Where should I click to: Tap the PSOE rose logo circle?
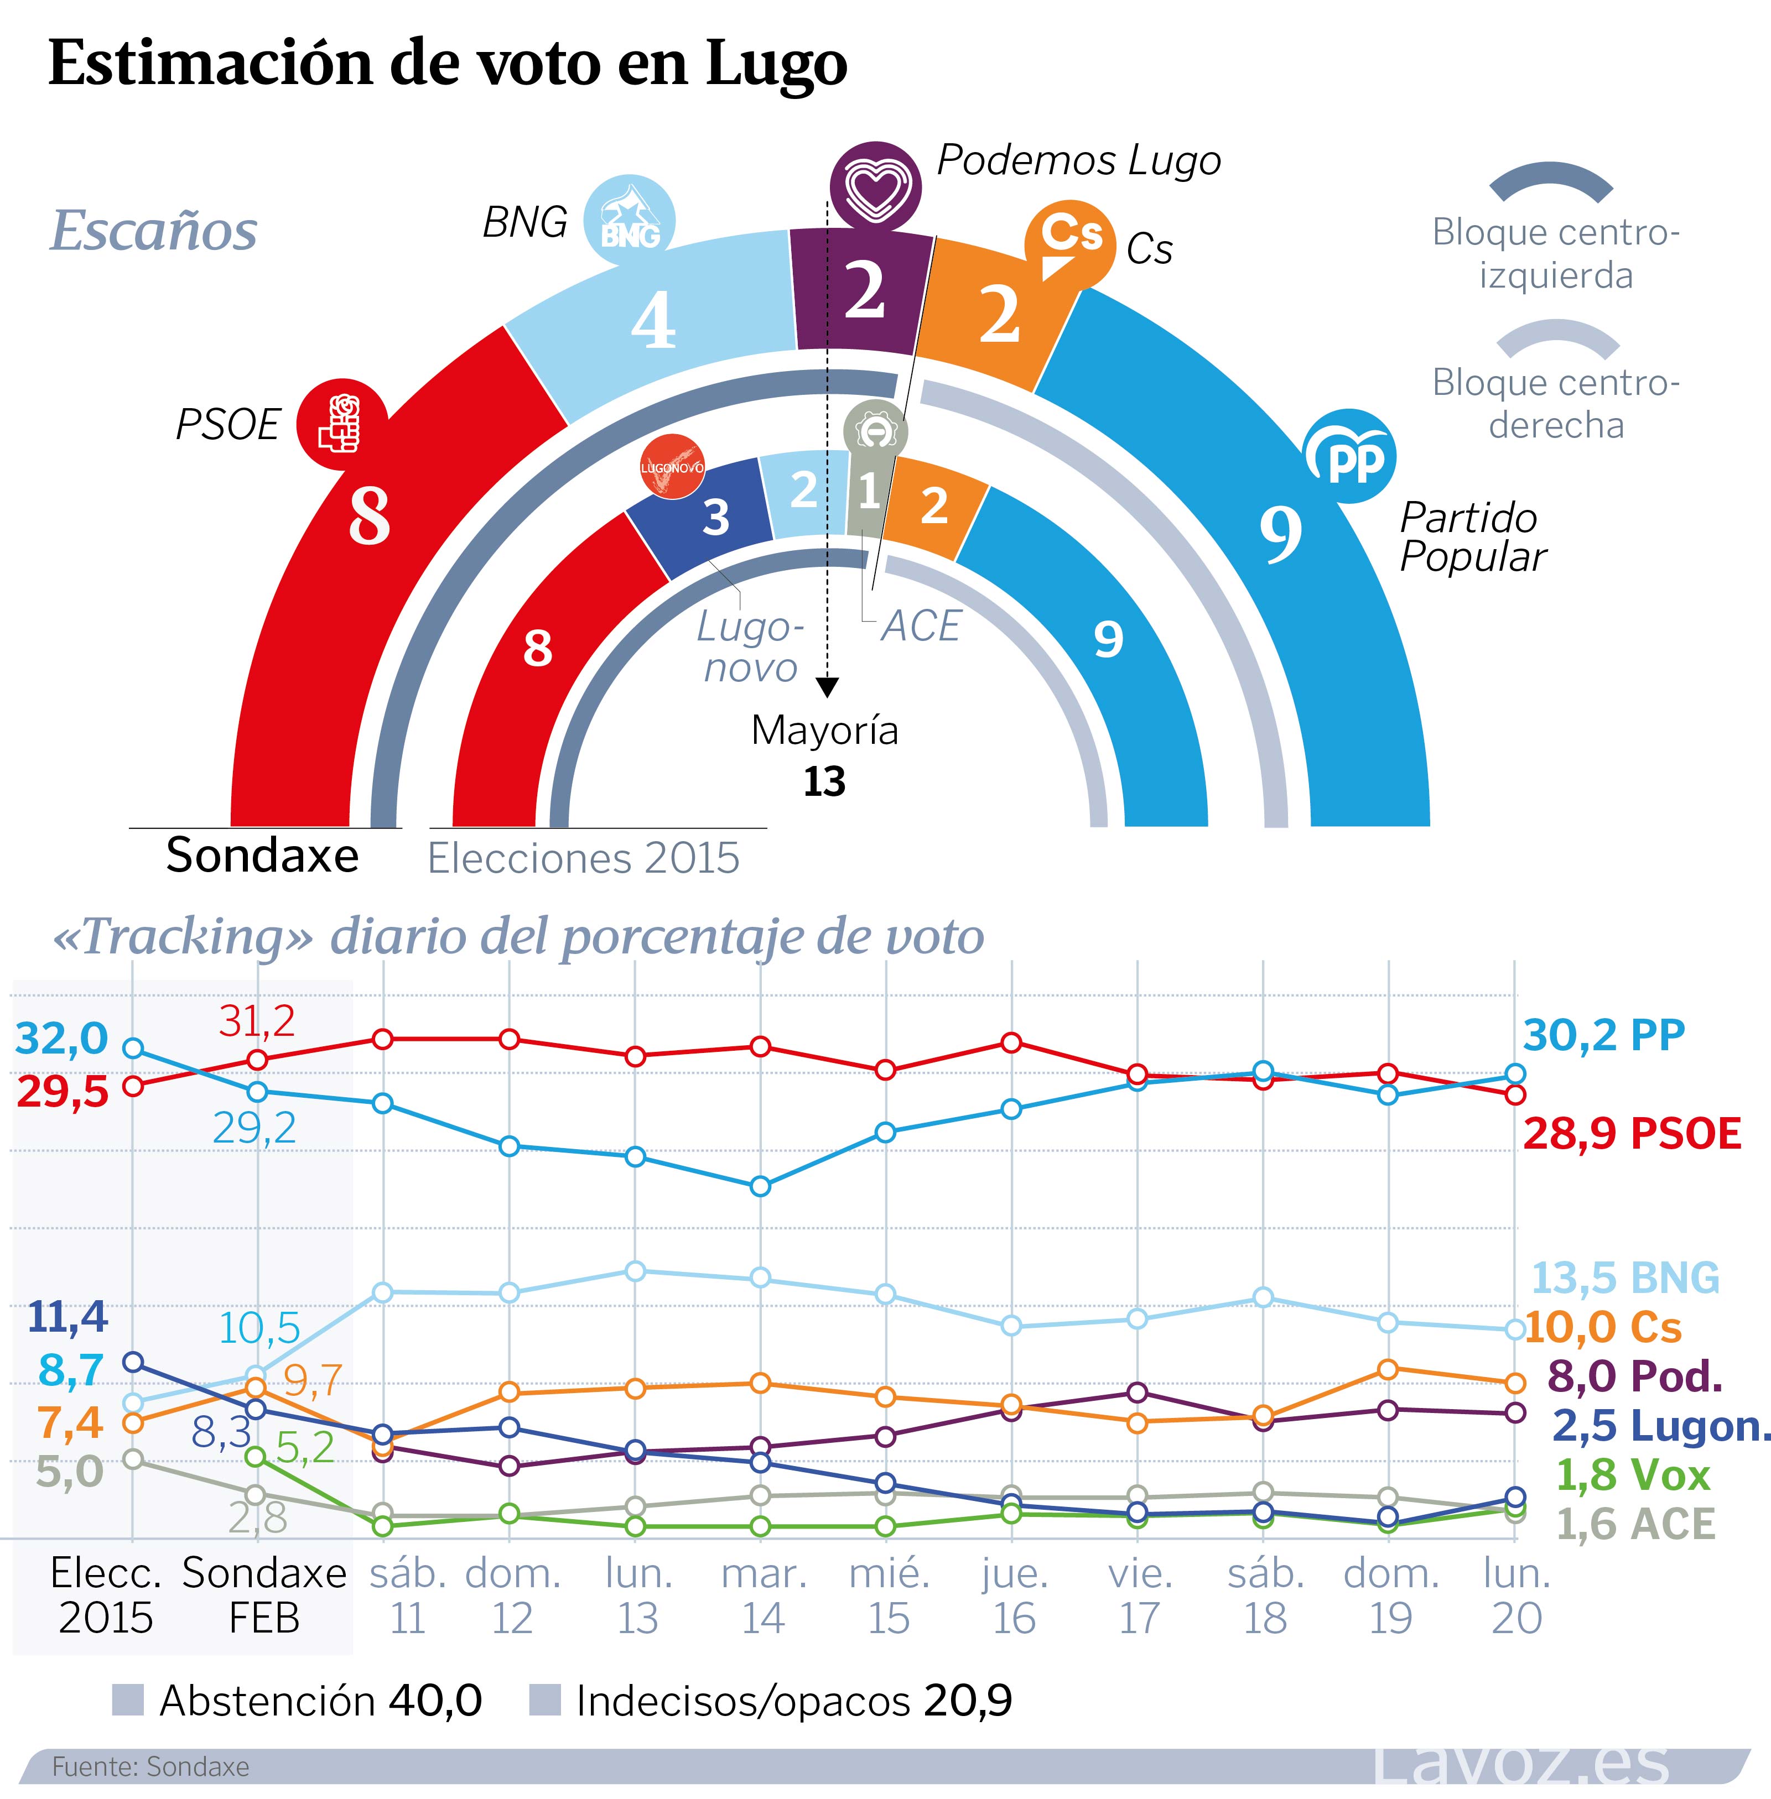click(x=341, y=424)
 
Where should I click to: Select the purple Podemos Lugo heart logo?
click(x=875, y=187)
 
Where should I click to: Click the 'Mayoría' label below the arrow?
click(x=824, y=731)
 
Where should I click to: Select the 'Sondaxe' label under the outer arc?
click(x=262, y=856)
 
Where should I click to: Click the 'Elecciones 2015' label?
click(x=583, y=858)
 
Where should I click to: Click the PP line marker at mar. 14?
click(x=760, y=1186)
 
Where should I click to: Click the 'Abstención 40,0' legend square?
click(x=127, y=1701)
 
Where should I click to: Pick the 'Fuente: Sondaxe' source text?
click(x=150, y=1766)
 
